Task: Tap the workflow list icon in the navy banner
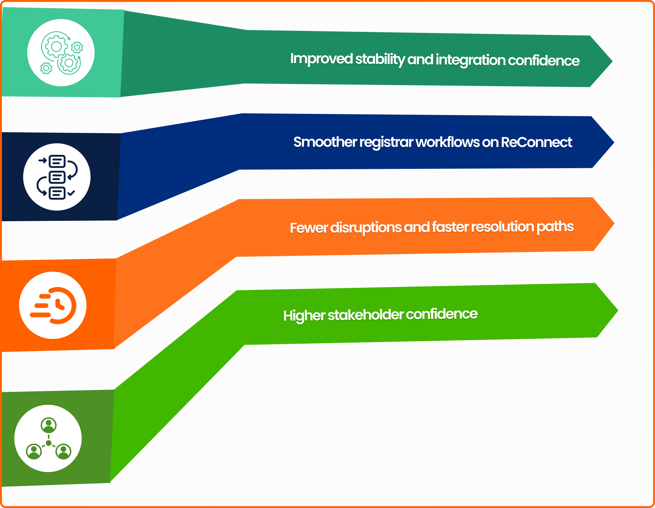pos(57,177)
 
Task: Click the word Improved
pos(321,59)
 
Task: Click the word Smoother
pos(325,142)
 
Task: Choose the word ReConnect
pos(536,142)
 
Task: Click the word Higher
pos(304,316)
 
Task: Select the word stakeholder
pos(365,315)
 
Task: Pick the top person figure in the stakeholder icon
pos(49,425)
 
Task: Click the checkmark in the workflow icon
pos(71,193)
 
